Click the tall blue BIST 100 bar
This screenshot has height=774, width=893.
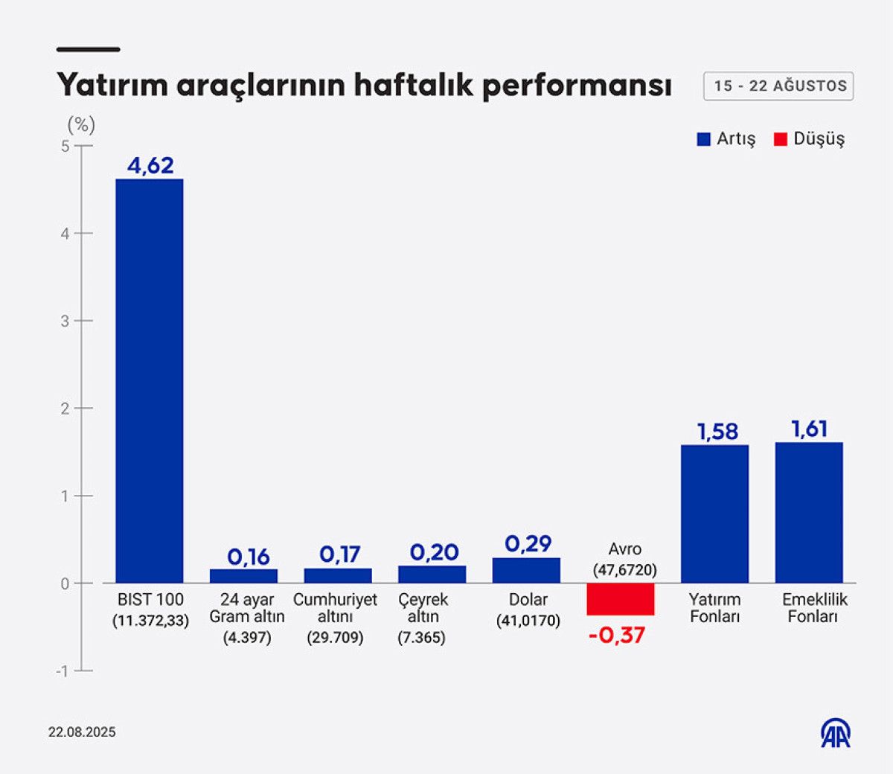(x=149, y=380)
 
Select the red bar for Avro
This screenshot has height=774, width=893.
(x=620, y=599)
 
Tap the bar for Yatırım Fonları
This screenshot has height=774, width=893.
(x=714, y=514)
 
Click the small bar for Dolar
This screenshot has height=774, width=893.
(x=526, y=570)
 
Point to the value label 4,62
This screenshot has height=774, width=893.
(x=150, y=165)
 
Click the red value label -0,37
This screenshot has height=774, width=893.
(x=617, y=636)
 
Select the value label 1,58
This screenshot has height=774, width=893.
(x=717, y=432)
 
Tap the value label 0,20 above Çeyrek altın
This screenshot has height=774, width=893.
(x=434, y=552)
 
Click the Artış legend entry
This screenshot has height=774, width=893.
(x=726, y=139)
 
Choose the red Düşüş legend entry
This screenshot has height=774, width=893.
(x=810, y=139)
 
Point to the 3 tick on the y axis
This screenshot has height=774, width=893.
(x=65, y=321)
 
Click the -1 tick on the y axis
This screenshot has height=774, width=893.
(x=62, y=671)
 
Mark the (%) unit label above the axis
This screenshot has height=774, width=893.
(x=81, y=124)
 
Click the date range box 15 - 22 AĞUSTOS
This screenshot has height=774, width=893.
(x=778, y=86)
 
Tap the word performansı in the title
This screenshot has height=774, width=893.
(x=577, y=86)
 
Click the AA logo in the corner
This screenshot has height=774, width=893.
(x=836, y=733)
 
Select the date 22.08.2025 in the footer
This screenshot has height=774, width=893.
(x=82, y=732)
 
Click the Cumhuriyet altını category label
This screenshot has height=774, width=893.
(x=335, y=608)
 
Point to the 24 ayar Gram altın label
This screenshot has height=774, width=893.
(x=247, y=608)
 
